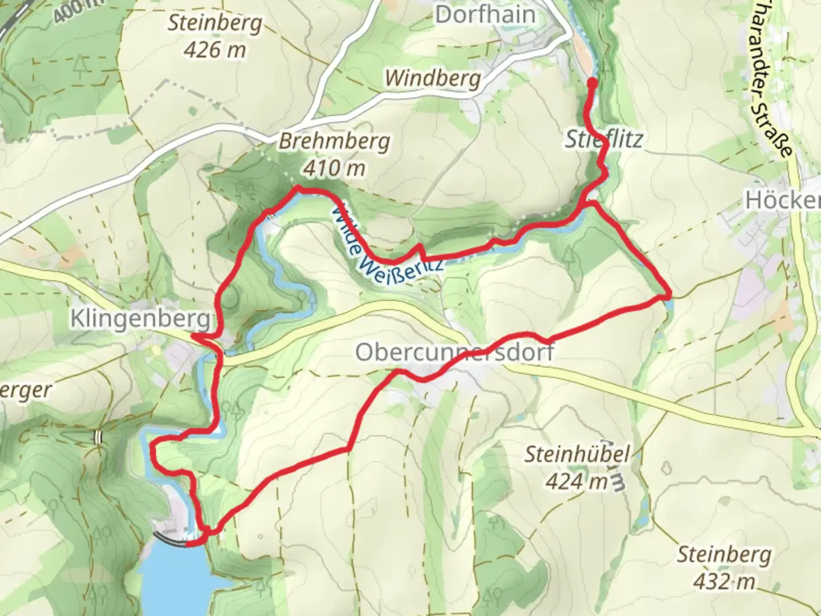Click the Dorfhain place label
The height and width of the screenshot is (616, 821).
point(485,15)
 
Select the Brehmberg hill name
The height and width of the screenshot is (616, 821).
point(334,141)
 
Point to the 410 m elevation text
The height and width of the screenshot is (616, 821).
point(334,168)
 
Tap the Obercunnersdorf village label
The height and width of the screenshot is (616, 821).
point(454,352)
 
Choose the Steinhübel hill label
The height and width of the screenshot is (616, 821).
point(577,455)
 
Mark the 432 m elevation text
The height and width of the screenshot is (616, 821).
point(724,581)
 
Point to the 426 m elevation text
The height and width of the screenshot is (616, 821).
point(215,50)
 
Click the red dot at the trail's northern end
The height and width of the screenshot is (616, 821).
point(592,84)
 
